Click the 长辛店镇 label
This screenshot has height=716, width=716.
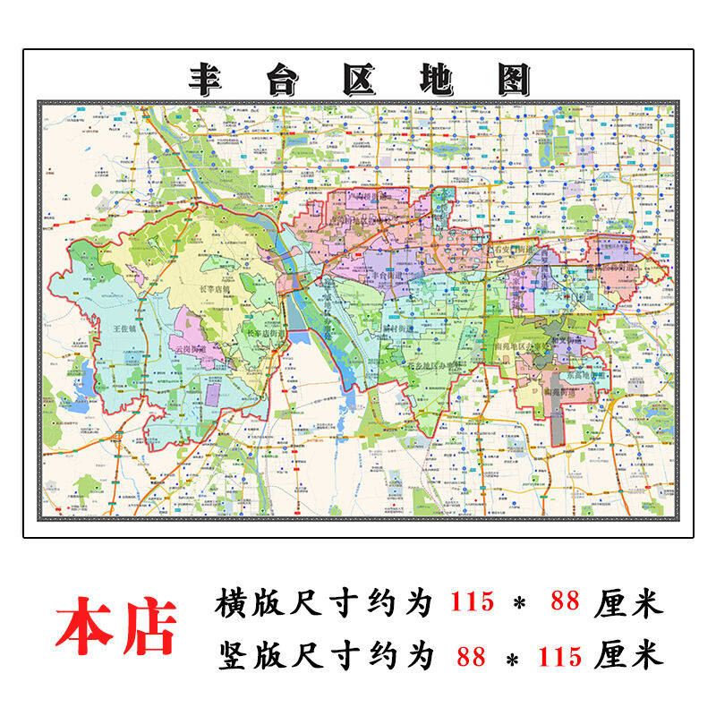(215, 290)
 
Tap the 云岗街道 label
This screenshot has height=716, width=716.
(192, 348)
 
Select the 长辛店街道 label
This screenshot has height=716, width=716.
(263, 334)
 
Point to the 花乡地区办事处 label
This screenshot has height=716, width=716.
(433, 365)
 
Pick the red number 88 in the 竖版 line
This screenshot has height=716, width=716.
(471, 656)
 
